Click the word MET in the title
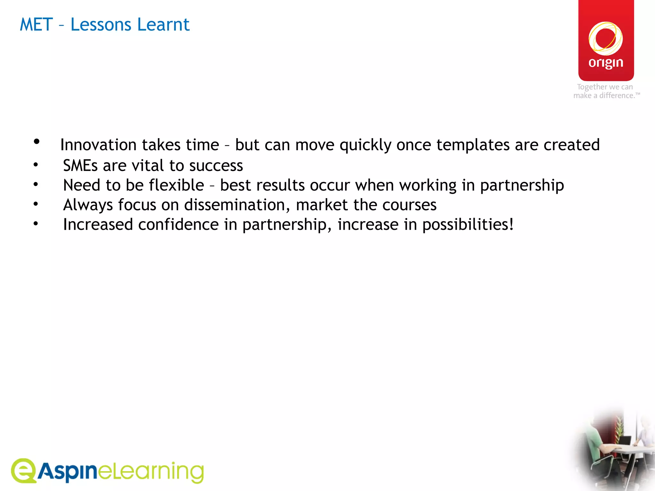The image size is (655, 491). click(x=36, y=25)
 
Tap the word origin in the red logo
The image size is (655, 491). click(x=606, y=63)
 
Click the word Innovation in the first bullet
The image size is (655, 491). click(x=98, y=145)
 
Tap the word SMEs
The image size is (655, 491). click(x=80, y=166)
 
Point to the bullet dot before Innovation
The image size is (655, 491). click(x=36, y=141)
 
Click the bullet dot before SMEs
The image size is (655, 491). click(x=36, y=165)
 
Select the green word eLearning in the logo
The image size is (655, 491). click(x=151, y=472)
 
